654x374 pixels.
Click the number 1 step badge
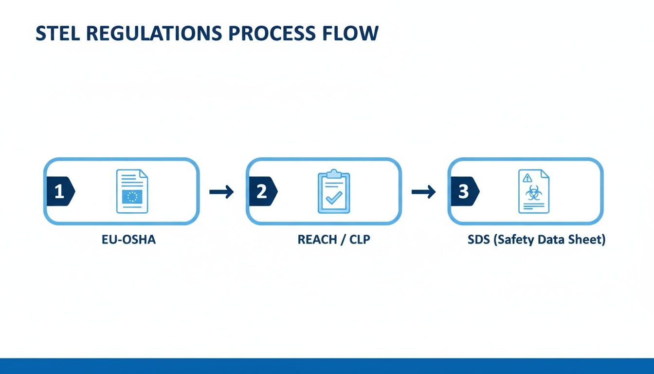[x=59, y=191]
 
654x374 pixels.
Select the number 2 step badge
[x=262, y=191]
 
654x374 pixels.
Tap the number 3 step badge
[x=463, y=191]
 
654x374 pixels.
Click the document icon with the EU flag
[x=132, y=191]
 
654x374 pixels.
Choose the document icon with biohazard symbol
[x=533, y=191]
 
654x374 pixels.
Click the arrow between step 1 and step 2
[x=221, y=192]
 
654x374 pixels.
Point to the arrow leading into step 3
[x=423, y=192]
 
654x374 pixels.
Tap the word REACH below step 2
[x=317, y=240]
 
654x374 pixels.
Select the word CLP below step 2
[x=359, y=240]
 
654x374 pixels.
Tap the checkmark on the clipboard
[x=334, y=197]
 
